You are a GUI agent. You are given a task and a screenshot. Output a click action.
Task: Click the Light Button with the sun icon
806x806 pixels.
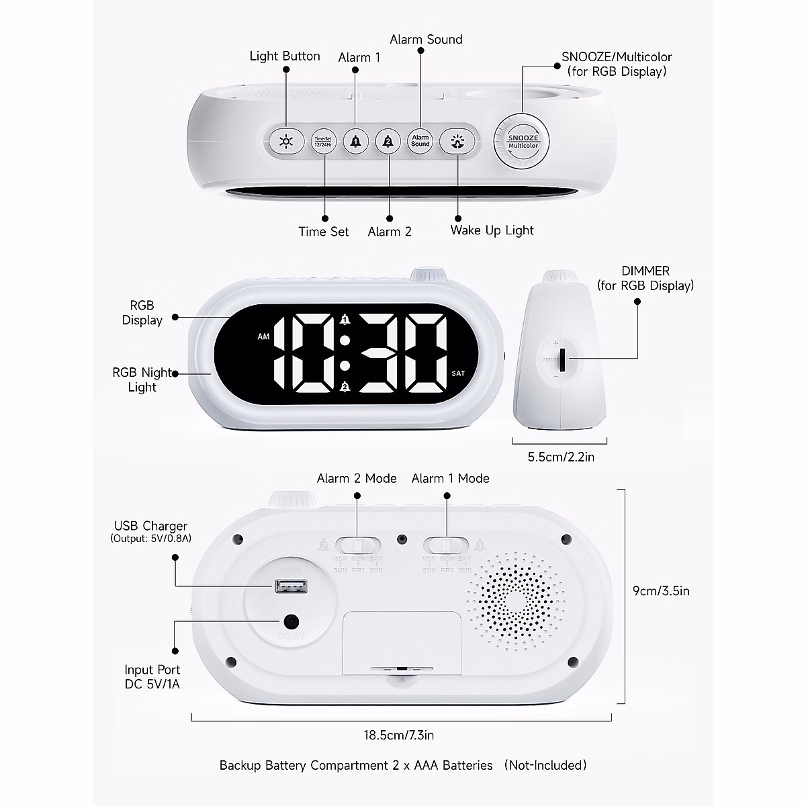(x=286, y=142)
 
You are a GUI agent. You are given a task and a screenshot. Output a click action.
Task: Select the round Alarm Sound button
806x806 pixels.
(x=420, y=141)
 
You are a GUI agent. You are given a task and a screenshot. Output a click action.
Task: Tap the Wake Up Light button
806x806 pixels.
(x=457, y=142)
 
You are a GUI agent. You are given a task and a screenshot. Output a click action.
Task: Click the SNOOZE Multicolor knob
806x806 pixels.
(x=523, y=142)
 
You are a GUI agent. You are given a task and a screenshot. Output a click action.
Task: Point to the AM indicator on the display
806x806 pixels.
(x=263, y=337)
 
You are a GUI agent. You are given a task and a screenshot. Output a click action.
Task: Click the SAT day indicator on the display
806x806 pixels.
(x=458, y=373)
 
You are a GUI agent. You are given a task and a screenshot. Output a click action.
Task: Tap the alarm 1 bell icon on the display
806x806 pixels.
(x=345, y=319)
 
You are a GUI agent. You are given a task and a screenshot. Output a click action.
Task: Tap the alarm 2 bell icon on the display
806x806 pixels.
(x=345, y=386)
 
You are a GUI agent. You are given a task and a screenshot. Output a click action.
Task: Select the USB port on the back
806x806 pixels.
(x=291, y=588)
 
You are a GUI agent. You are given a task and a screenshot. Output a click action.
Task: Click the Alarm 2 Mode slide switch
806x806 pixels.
(x=359, y=544)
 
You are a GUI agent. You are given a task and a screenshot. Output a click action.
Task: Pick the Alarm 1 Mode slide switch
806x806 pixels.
(x=446, y=544)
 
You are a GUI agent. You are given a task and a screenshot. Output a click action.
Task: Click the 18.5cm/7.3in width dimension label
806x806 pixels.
(x=399, y=735)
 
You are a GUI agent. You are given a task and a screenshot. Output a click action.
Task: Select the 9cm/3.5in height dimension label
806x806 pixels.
(x=662, y=591)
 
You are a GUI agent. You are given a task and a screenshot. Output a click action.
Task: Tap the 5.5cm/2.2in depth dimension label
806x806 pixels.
(x=561, y=457)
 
